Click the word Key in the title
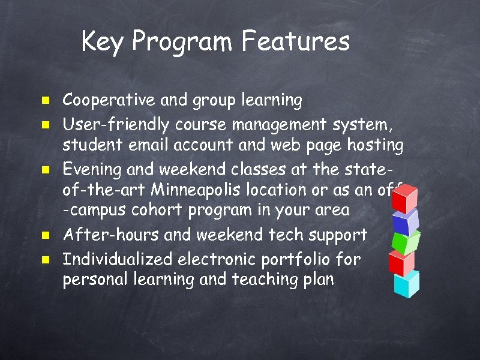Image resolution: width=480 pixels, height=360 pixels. tap(103, 42)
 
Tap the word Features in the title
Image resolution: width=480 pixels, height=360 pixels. tap(296, 42)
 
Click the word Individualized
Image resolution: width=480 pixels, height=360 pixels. tap(118, 259)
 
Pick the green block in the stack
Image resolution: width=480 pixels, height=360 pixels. tap(405, 242)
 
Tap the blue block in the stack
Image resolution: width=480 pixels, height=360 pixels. tap(404, 222)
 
